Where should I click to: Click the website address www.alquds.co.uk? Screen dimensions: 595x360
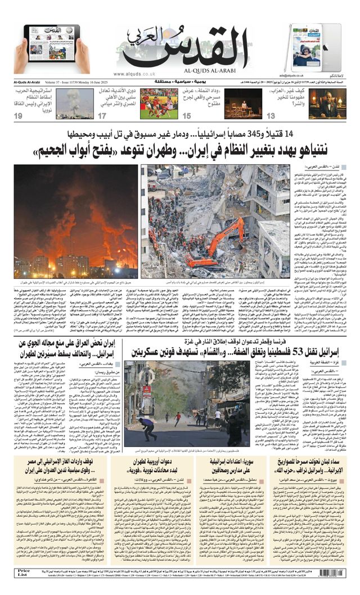pyautogui.click(x=134, y=74)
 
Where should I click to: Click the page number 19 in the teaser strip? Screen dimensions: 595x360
pyautogui.click(x=18, y=116)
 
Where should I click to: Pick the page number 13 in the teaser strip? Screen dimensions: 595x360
pyautogui.click(x=271, y=116)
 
